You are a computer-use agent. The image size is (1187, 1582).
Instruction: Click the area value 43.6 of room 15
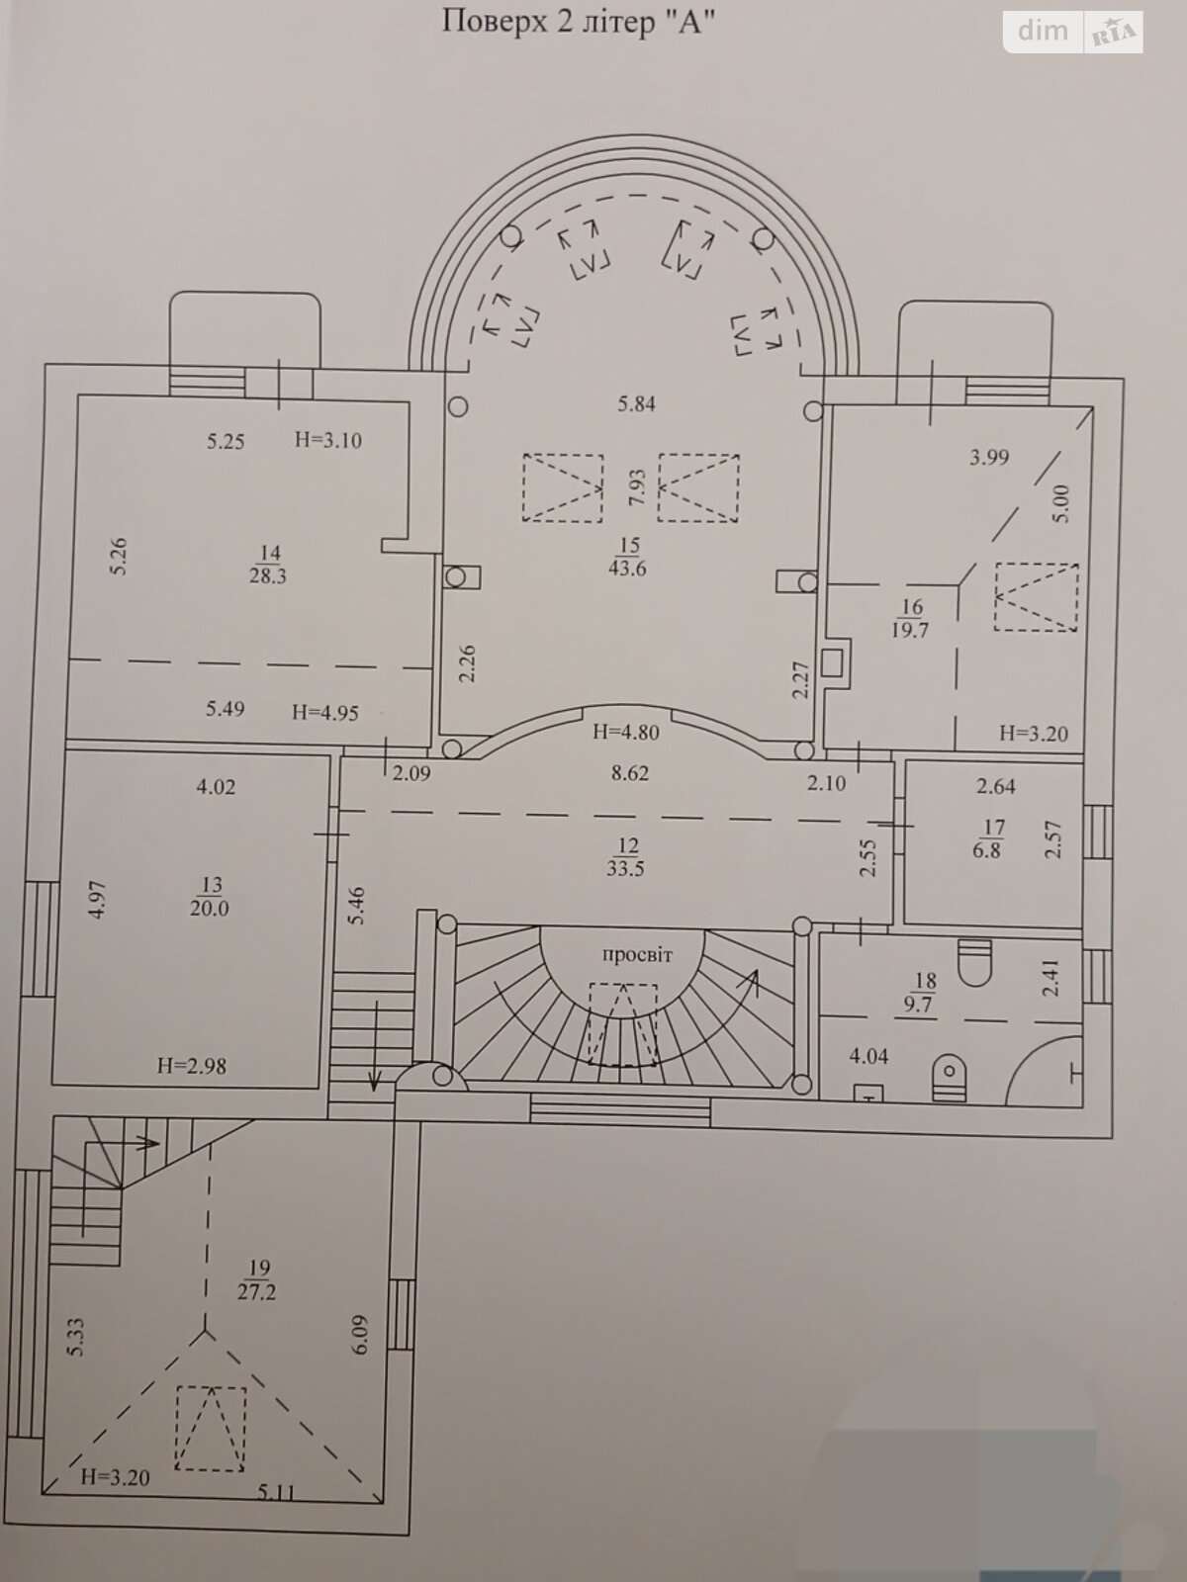pyautogui.click(x=627, y=569)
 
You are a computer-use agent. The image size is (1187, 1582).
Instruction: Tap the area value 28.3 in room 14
pyautogui.click(x=268, y=576)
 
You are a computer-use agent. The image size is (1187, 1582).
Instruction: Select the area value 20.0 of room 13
pyautogui.click(x=210, y=909)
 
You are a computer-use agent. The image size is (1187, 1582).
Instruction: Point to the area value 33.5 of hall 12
pyautogui.click(x=625, y=869)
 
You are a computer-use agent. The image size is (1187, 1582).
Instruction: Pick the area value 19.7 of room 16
pyautogui.click(x=909, y=631)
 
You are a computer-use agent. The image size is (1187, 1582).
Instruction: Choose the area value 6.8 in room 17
pyautogui.click(x=986, y=850)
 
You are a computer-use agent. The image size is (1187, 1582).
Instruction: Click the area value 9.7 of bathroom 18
pyautogui.click(x=918, y=1004)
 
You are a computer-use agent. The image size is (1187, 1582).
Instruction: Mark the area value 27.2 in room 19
pyautogui.click(x=256, y=1292)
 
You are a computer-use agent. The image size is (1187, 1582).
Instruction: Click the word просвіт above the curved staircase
pyautogui.click(x=637, y=956)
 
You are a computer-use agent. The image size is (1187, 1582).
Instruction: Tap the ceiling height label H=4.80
pyautogui.click(x=625, y=733)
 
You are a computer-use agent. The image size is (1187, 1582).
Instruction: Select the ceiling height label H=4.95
pyautogui.click(x=325, y=713)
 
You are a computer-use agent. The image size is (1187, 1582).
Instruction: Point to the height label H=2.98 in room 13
pyautogui.click(x=192, y=1066)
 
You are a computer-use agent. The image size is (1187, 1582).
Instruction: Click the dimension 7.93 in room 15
pyautogui.click(x=637, y=487)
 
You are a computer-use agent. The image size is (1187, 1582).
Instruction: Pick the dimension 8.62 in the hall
pyautogui.click(x=630, y=773)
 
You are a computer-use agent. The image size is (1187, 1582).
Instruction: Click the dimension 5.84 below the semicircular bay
pyautogui.click(x=636, y=404)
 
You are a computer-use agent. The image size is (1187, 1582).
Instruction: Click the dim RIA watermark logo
pyautogui.click(x=1072, y=33)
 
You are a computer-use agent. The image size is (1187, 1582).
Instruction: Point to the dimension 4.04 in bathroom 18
pyautogui.click(x=868, y=1057)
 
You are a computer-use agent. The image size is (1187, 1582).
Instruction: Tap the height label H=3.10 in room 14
pyautogui.click(x=328, y=440)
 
